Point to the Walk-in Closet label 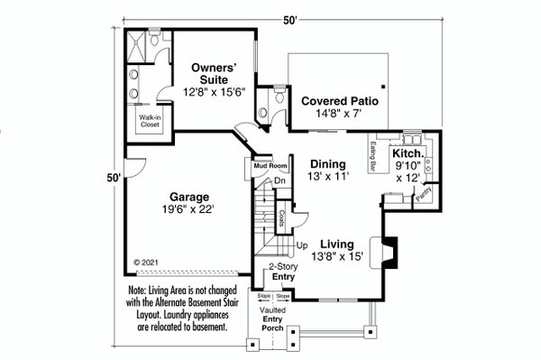(150, 122)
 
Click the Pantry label (424, 191)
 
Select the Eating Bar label (373, 159)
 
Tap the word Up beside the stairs (302, 245)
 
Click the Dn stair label (280, 180)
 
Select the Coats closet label (281, 217)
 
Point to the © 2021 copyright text (146, 262)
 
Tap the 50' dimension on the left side (113, 178)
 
